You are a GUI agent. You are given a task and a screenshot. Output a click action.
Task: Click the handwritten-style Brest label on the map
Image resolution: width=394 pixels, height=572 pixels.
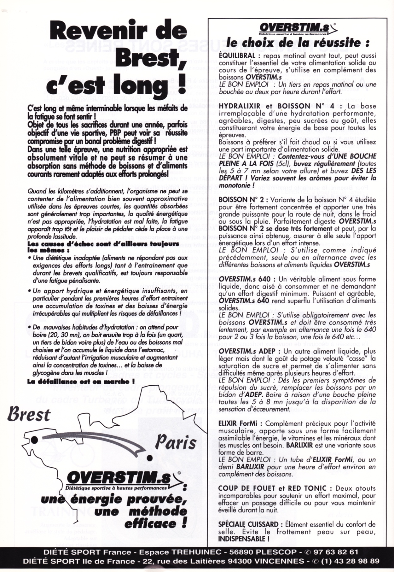pos(29,415)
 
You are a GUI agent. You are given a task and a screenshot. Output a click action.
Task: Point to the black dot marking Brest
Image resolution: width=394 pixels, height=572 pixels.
pos(34,439)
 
